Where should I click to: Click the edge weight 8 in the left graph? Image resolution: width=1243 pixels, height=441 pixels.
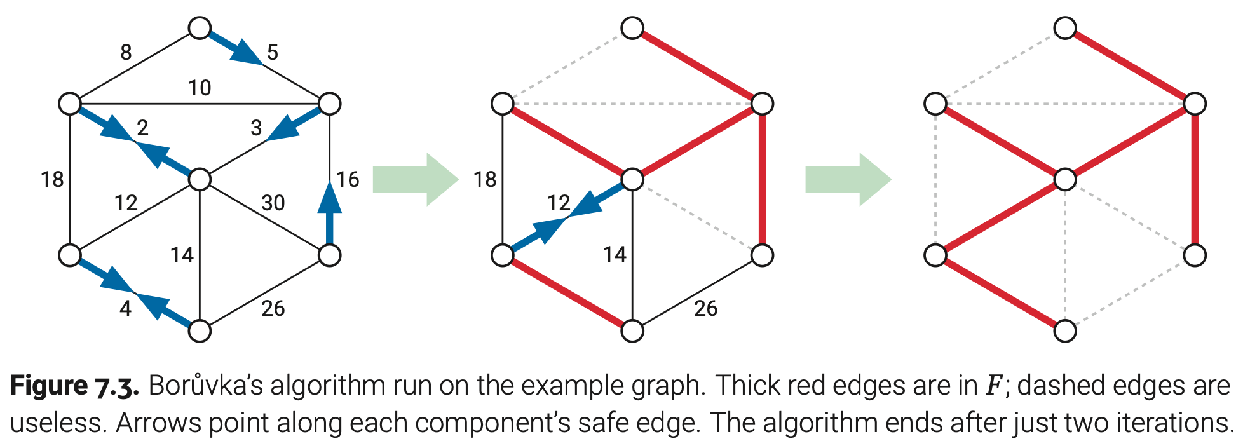[x=126, y=52]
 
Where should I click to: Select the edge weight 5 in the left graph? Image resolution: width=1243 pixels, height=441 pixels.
[x=273, y=52]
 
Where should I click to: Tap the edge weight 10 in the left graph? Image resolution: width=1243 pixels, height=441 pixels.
[x=200, y=88]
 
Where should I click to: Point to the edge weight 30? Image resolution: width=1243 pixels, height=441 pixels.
[x=273, y=203]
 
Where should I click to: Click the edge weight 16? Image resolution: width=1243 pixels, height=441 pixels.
[x=348, y=179]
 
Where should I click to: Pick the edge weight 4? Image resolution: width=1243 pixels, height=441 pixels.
[x=126, y=308]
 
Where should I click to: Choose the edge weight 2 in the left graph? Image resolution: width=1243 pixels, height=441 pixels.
[x=142, y=128]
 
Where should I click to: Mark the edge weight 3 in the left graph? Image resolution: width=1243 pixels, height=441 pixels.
[x=256, y=128]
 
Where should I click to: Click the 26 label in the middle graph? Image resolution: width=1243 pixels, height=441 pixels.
[x=705, y=308]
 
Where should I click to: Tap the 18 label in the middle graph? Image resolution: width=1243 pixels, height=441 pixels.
[x=485, y=179]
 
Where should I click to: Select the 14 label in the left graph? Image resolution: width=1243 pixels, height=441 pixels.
[x=182, y=255]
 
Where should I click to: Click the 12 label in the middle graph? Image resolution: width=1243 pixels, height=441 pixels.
[x=559, y=203]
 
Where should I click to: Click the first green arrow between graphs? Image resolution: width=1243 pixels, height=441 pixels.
[x=415, y=179]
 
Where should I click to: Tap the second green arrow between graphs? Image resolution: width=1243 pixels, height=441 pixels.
[x=848, y=179]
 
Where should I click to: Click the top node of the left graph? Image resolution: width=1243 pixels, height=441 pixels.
[x=200, y=28]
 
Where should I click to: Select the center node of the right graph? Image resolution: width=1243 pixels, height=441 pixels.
[x=1065, y=179]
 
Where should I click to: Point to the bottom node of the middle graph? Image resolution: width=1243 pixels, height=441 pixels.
[x=632, y=330]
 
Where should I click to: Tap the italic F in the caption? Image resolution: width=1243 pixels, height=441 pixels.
[x=993, y=386]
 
